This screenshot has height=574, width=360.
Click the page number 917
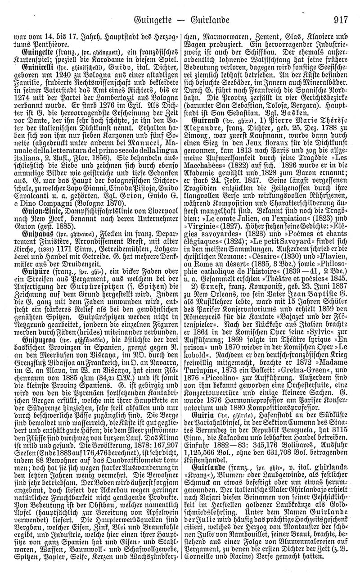coord(343,20)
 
